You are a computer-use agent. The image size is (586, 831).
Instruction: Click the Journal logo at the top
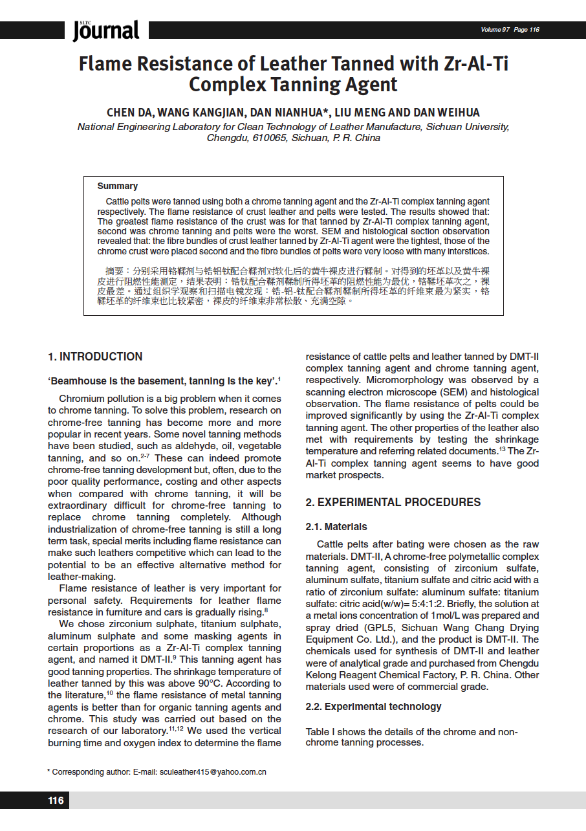coord(106,30)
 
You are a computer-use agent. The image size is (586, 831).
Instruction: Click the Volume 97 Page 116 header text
coord(510,30)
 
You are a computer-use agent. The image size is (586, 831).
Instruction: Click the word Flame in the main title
coord(105,64)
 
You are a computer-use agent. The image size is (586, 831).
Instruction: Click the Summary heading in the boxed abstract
coord(117,186)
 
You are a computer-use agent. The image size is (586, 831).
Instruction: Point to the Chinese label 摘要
coord(118,270)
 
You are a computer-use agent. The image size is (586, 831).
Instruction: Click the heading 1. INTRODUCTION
coord(95,357)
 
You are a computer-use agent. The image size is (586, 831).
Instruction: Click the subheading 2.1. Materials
coord(336,527)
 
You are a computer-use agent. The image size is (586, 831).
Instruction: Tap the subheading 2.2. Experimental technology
coord(373,707)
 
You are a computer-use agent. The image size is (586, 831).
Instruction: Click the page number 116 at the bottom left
coord(56,801)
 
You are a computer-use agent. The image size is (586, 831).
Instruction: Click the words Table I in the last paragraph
coord(321,732)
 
